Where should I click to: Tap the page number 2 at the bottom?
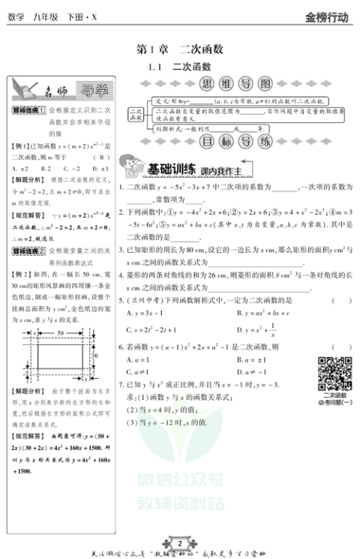coord(179,543)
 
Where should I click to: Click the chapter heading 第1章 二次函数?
coord(179,49)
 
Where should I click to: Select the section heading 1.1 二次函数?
coord(179,67)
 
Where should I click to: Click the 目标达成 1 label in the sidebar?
coord(28,111)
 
